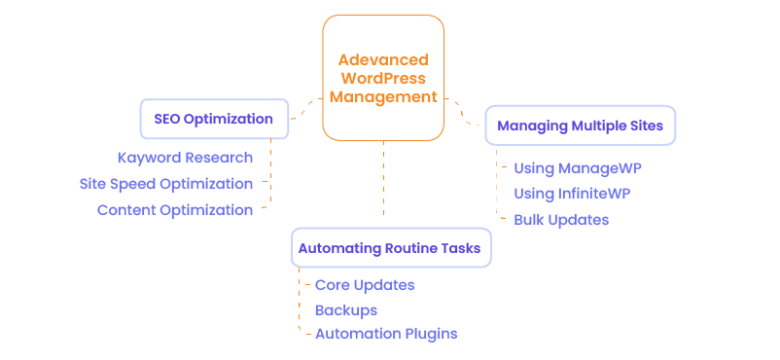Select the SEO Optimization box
point(214,119)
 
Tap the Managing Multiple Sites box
point(580,126)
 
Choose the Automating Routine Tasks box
point(391,248)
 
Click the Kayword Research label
point(185,158)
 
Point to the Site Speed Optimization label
point(166,184)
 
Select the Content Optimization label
point(175,210)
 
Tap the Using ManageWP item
point(578,168)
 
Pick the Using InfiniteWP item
point(572,194)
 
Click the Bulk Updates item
point(561,220)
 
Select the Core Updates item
point(365,285)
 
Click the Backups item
point(345,309)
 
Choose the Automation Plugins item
point(386,334)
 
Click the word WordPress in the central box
point(383,79)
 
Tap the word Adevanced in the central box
point(383,60)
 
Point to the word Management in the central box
point(383,97)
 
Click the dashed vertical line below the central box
point(383,180)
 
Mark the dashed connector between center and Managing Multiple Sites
point(462,112)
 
